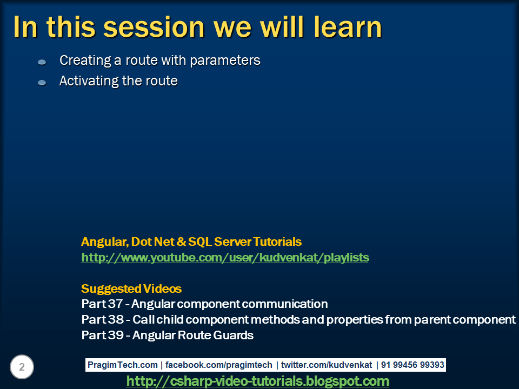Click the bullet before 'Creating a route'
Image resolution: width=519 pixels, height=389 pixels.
click(42, 62)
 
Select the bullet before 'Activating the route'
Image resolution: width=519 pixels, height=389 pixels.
click(42, 83)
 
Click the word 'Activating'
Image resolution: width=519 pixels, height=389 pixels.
click(86, 81)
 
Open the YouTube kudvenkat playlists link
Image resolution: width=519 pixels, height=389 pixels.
click(225, 258)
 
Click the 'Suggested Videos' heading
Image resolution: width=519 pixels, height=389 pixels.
click(131, 289)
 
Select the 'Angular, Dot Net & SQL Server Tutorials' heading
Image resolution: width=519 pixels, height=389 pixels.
click(191, 242)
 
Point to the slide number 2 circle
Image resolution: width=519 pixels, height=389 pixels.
click(22, 367)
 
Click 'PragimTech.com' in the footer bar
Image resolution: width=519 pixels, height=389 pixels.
click(123, 365)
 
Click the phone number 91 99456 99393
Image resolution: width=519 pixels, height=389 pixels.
click(412, 365)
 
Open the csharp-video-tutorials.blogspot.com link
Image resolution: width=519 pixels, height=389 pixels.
click(257, 381)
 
